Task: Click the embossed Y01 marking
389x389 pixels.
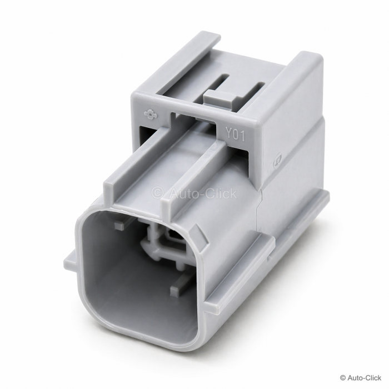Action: (x=235, y=135)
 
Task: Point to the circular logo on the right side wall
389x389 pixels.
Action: (x=277, y=162)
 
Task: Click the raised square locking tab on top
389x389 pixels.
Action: (x=219, y=97)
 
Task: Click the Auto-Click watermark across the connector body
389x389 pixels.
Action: (x=194, y=193)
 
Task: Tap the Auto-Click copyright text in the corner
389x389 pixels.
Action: (x=361, y=378)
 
